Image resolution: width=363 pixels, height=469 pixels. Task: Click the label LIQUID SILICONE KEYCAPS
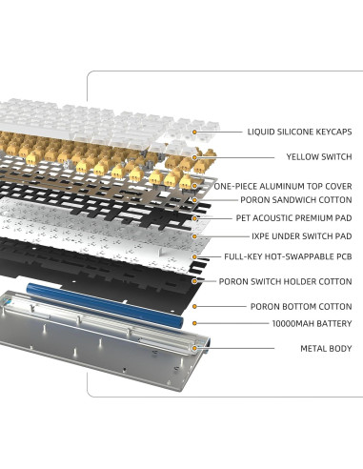299,132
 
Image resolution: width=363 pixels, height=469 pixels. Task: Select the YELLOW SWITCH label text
318,156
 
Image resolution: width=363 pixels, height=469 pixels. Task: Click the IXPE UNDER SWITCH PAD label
301,235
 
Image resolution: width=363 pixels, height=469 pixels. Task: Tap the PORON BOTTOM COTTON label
302,307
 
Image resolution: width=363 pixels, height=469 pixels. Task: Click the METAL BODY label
326,348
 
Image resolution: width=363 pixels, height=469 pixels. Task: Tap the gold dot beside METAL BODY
194,348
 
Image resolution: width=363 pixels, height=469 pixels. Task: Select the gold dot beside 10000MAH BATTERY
194,324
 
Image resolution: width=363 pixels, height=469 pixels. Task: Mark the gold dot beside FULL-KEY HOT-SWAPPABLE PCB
194,256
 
